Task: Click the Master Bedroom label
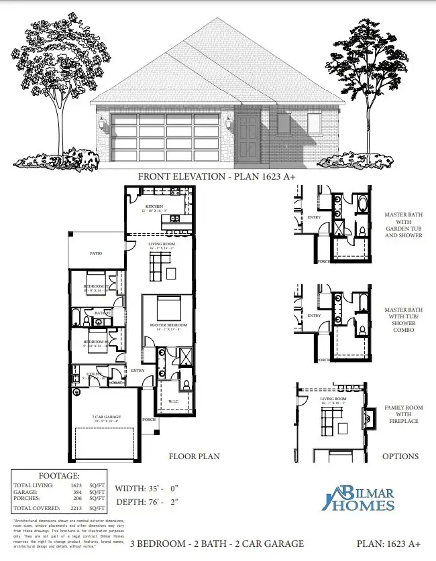(168, 325)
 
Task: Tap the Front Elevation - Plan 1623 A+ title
(217, 176)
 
